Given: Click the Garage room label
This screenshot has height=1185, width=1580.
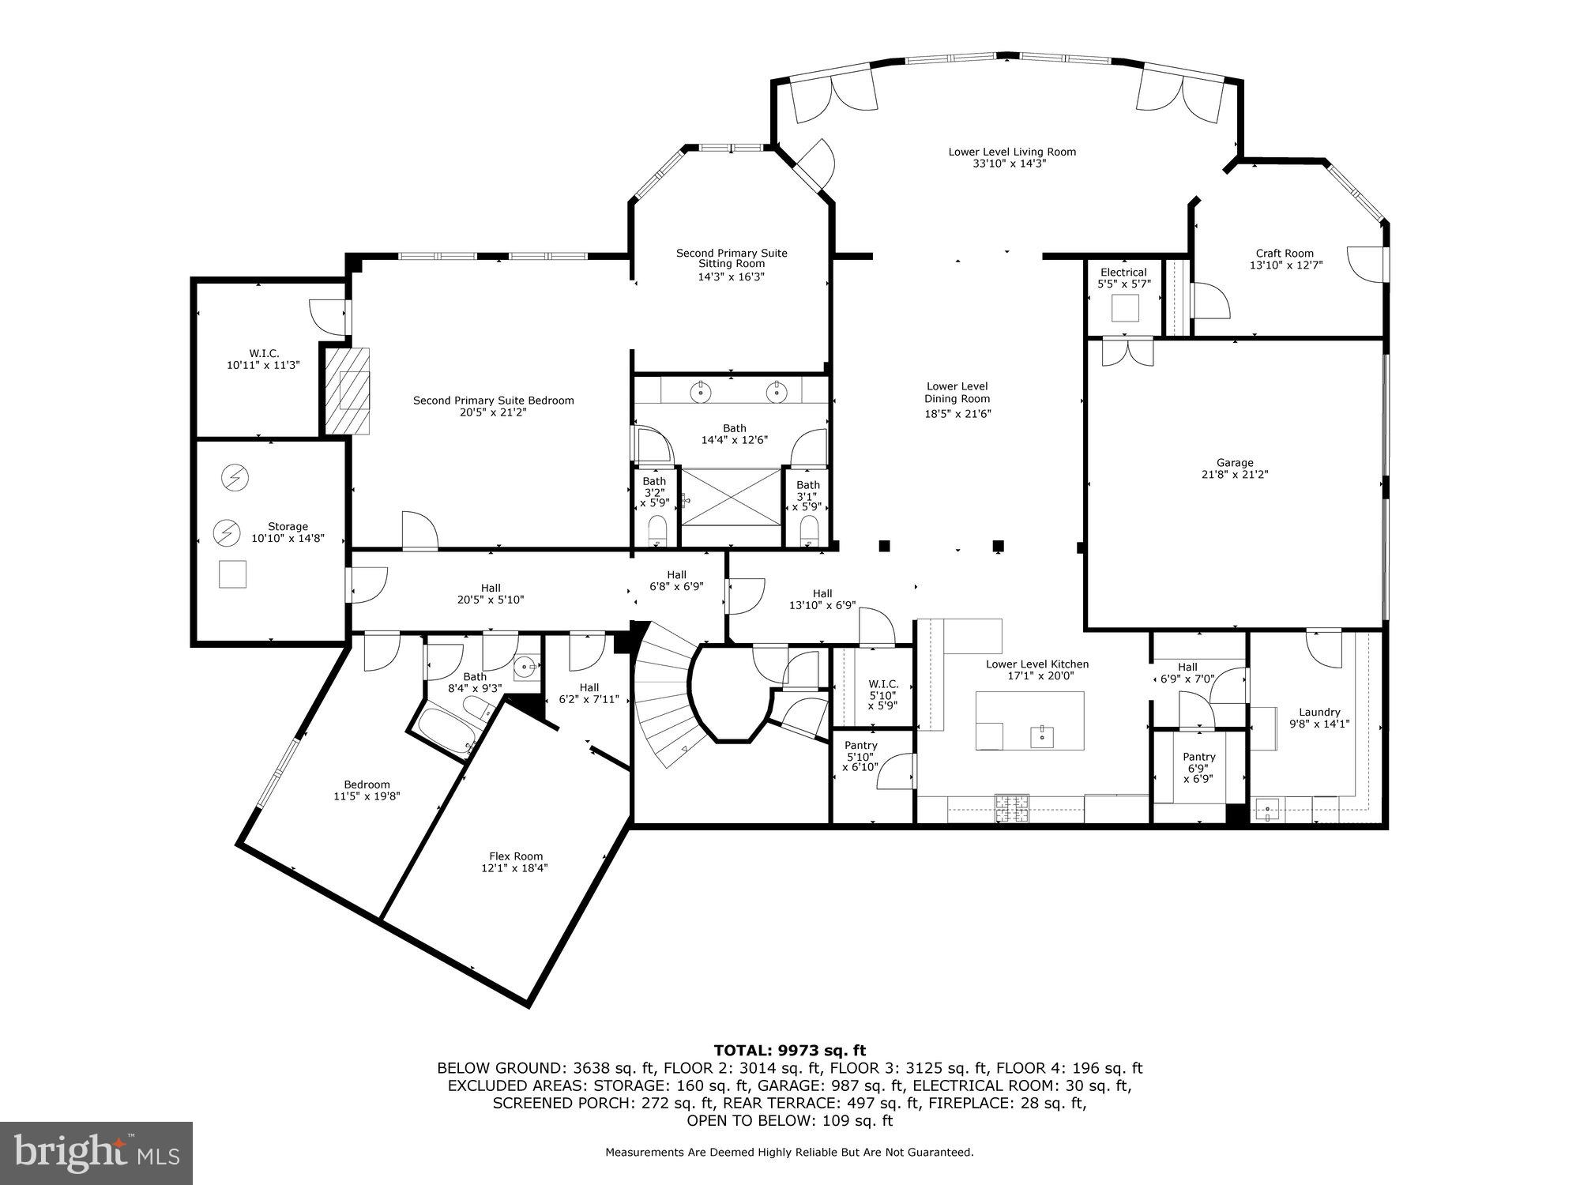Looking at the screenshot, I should [1234, 463].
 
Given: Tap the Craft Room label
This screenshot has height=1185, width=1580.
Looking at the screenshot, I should [1285, 254].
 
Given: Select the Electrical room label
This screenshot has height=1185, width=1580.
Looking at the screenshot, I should [1123, 273].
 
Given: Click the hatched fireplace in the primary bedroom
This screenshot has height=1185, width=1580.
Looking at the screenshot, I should [349, 390].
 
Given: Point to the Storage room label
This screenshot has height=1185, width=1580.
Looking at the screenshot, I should [288, 527].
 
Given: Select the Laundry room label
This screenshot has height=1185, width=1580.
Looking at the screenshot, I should [1319, 712].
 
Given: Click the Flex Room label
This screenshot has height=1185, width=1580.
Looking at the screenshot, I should [516, 856].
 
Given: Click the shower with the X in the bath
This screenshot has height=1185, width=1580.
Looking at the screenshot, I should [731, 496].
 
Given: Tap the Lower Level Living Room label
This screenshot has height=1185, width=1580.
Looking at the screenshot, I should [1012, 152].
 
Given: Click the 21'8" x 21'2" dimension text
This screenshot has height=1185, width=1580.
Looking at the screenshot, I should [1234, 475].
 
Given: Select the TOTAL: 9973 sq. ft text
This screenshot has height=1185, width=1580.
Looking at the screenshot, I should [789, 1050].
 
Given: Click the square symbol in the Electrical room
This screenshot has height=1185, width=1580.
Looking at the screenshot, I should [1125, 308].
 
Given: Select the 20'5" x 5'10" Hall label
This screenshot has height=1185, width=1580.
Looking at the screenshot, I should [491, 589].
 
